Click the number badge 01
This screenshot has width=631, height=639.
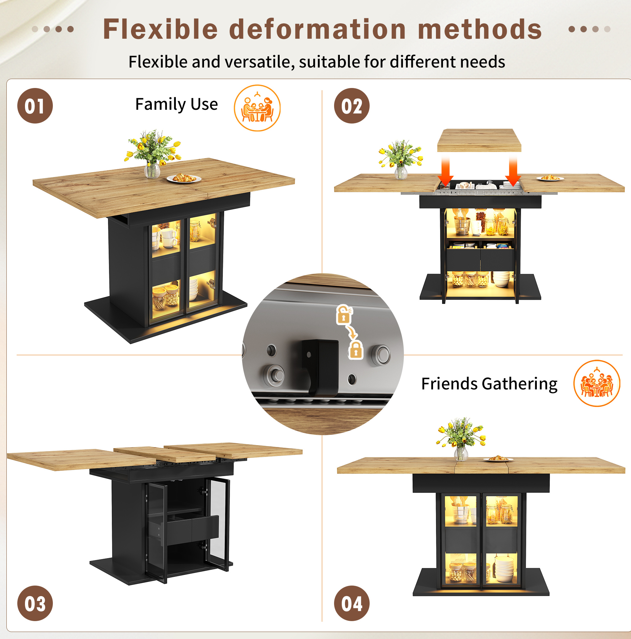35,106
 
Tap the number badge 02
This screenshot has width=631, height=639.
352,106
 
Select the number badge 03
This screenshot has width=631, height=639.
35,603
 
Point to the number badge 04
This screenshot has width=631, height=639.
352,603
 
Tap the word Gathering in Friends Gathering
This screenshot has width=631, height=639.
520,384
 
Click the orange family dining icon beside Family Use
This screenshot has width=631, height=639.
257,108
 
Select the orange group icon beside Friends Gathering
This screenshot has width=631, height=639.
597,383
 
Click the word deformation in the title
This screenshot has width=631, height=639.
317,29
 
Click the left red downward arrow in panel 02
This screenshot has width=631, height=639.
446,171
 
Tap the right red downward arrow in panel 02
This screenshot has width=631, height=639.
513,171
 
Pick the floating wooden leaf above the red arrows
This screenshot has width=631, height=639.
479,140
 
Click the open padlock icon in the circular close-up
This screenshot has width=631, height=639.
344,314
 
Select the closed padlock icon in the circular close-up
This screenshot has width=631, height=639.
356,350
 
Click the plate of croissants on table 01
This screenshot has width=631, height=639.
184,178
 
